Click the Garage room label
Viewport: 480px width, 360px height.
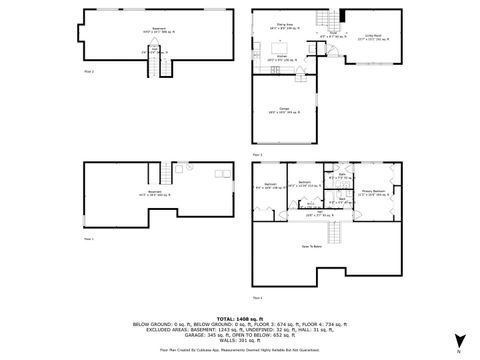[285, 109]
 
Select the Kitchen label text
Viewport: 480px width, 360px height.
[283, 59]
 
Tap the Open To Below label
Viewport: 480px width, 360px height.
[312, 246]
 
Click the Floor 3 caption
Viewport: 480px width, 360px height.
[258, 156]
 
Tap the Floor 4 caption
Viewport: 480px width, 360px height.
[258, 298]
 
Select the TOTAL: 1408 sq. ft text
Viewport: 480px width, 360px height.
[240, 313]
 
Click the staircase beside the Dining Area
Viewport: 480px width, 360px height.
[322, 21]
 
